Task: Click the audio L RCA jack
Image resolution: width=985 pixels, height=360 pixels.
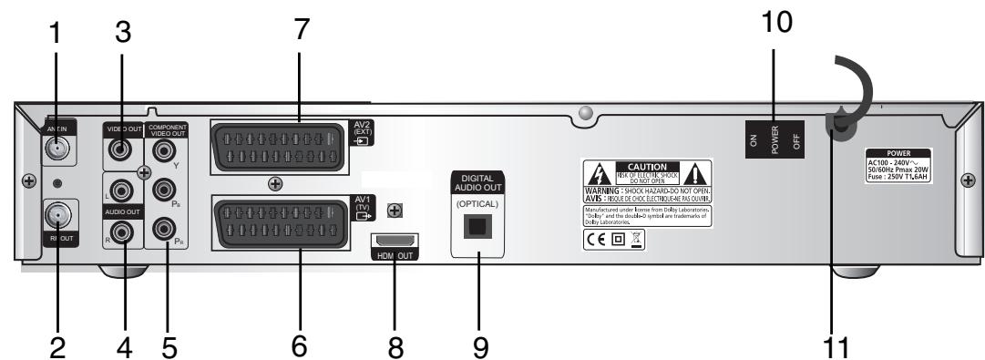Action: [122, 191]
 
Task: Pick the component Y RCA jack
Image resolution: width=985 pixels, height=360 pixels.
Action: [165, 146]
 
